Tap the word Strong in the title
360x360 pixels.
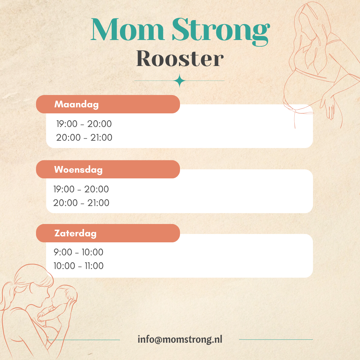pyautogui.click(x=221, y=32)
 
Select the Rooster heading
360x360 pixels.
pyautogui.click(x=180, y=59)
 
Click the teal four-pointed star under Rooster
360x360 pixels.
pyautogui.click(x=180, y=81)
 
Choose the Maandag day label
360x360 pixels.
pyautogui.click(x=76, y=104)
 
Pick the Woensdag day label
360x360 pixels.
pyautogui.click(x=78, y=170)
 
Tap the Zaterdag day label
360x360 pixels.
pyautogui.click(x=75, y=233)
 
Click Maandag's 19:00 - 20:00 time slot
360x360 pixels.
pyautogui.click(x=84, y=124)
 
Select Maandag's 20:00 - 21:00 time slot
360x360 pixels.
pyautogui.click(x=84, y=138)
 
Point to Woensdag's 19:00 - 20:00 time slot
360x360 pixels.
pyautogui.click(x=81, y=189)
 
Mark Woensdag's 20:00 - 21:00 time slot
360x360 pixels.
pyautogui.click(x=81, y=203)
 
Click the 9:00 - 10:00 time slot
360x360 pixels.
pyautogui.click(x=79, y=252)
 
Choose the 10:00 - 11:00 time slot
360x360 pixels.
pyautogui.click(x=79, y=266)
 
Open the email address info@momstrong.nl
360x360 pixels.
pyautogui.click(x=180, y=339)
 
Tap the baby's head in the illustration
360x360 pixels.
pyautogui.click(x=64, y=296)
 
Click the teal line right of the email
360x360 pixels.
pyautogui.click(x=276, y=339)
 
